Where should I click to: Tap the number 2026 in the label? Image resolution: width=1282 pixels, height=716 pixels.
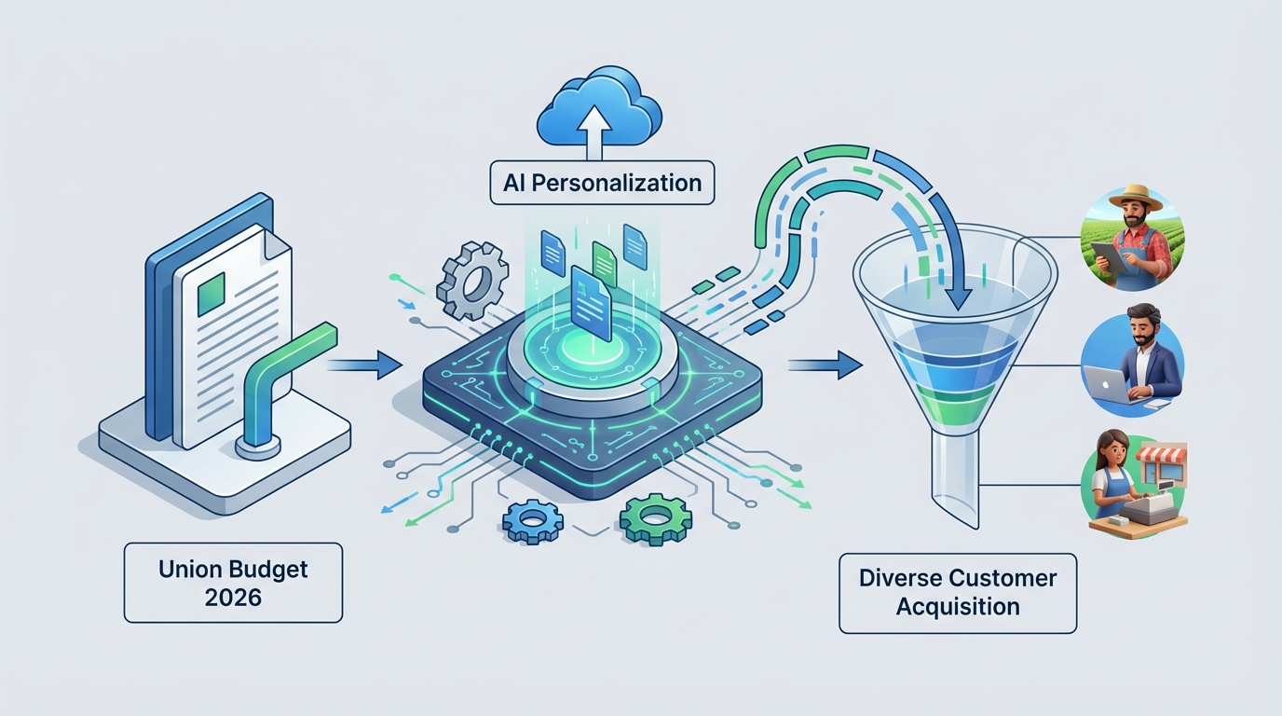tap(233, 598)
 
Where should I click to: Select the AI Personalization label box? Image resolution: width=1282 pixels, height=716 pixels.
tap(602, 183)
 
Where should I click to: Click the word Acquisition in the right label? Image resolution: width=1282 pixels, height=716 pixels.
tap(958, 607)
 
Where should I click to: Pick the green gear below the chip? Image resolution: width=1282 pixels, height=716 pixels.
tap(655, 518)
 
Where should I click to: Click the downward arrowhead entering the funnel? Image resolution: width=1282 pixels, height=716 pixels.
tap(957, 296)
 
